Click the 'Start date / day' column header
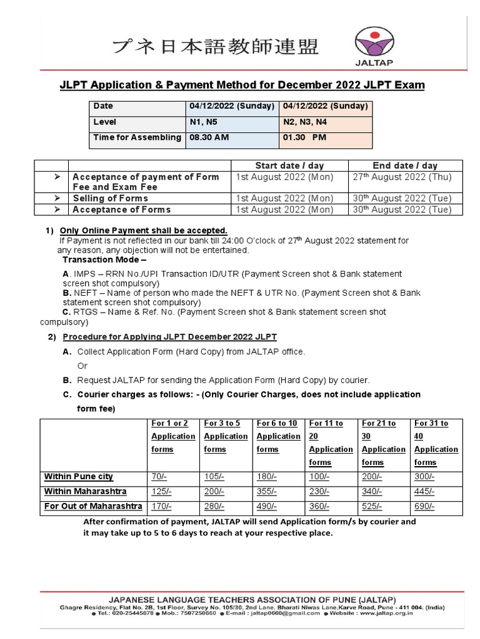289,165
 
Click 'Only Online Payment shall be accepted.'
143,231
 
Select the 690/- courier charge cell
425,505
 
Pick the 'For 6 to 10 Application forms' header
278,436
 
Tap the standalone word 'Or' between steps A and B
82,366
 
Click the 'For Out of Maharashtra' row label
93,505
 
